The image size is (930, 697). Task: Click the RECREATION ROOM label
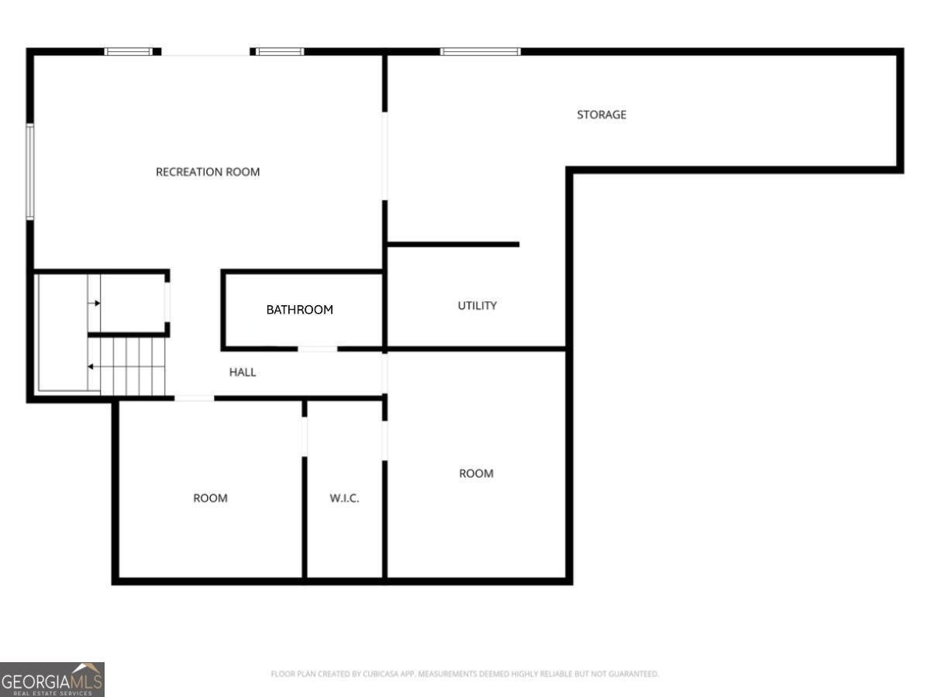(x=208, y=172)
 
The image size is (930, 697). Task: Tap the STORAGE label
(x=601, y=115)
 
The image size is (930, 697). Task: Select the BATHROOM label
(x=299, y=310)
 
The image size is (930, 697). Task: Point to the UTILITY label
(x=477, y=306)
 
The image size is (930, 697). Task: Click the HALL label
(x=243, y=373)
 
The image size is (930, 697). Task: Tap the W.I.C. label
(x=344, y=498)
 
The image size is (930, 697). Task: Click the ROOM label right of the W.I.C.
(x=476, y=473)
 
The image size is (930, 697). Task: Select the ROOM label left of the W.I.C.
(x=210, y=498)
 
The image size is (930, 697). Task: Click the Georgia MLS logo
(x=52, y=679)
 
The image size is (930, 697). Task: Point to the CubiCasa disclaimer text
(x=464, y=674)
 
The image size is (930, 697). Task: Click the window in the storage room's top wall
(x=480, y=52)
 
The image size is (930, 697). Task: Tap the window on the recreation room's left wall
(x=30, y=172)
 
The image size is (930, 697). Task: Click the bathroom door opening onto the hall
(x=318, y=348)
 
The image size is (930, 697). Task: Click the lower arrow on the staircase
(x=92, y=366)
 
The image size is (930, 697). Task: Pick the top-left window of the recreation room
(x=129, y=52)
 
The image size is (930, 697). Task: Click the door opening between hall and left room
(x=194, y=398)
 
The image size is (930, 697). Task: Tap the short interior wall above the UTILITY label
(x=453, y=245)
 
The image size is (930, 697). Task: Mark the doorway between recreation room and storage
(x=384, y=156)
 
